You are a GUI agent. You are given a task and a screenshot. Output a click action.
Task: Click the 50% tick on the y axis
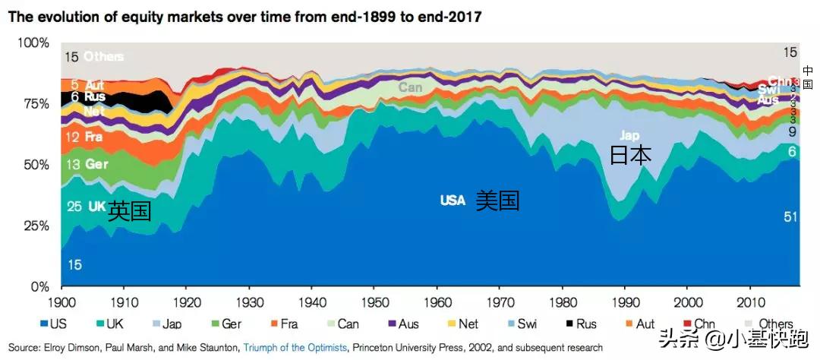[x=31, y=164]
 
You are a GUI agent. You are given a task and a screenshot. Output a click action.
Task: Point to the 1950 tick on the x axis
[x=374, y=302]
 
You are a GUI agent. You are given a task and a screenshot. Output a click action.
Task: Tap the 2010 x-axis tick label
[x=750, y=302]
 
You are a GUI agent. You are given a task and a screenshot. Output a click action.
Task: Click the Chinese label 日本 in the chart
[x=630, y=156]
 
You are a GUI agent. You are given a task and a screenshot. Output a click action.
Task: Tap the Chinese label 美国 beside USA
[x=498, y=201]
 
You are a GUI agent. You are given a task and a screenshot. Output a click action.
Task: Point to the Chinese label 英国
[x=129, y=210]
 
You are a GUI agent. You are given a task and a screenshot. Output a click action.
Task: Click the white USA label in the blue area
[x=453, y=201]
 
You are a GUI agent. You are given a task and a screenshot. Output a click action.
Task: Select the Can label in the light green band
[x=411, y=87]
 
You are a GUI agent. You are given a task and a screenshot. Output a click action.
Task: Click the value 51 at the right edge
[x=790, y=217]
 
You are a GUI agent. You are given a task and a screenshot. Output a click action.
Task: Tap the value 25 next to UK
[x=74, y=206]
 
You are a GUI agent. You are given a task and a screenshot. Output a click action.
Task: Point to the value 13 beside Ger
[x=73, y=164]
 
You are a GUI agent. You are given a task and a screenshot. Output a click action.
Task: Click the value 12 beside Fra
[x=73, y=137]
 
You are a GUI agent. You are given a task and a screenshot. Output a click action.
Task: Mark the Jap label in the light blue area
[x=629, y=134]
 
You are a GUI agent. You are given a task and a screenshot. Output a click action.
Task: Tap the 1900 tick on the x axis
[x=61, y=302]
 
